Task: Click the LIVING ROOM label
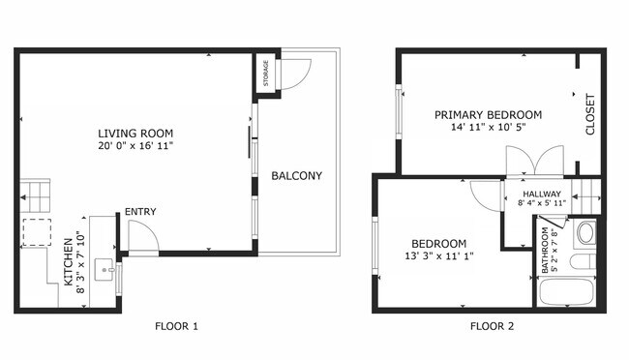(135, 133)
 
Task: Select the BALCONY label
(296, 176)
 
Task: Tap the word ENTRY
(140, 212)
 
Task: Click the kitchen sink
(111, 278)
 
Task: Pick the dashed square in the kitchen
(37, 232)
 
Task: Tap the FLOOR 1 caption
(176, 326)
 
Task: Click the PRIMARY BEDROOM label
(488, 114)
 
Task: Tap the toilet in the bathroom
(584, 234)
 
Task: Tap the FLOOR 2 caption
(492, 326)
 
